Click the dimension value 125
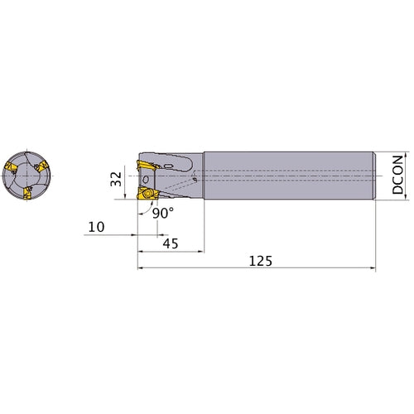[260, 261]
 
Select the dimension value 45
[171, 243]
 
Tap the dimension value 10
[96, 227]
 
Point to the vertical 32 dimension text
[116, 179]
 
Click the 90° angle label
[163, 213]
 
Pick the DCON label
[397, 175]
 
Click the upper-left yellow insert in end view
[11, 167]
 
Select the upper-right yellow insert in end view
[41, 166]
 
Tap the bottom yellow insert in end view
[27, 193]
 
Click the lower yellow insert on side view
[148, 193]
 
